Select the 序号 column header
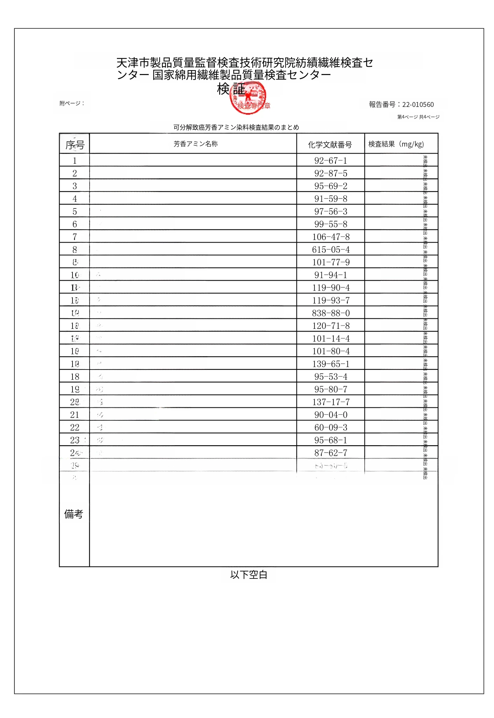click(75, 144)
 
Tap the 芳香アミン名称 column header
click(195, 144)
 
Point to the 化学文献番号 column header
click(330, 144)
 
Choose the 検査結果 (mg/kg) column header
click(396, 144)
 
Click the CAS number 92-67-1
click(331, 161)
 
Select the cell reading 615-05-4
click(331, 250)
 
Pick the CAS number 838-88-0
click(331, 313)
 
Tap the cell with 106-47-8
click(331, 237)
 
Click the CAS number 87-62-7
click(331, 453)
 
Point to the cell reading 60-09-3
click(331, 427)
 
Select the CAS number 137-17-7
click(331, 402)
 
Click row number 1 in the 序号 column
click(75, 161)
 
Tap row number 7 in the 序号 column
click(75, 237)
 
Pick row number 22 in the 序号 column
click(75, 427)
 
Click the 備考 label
click(74, 514)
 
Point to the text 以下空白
click(249, 575)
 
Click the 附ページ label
click(72, 103)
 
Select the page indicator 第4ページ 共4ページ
click(418, 117)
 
